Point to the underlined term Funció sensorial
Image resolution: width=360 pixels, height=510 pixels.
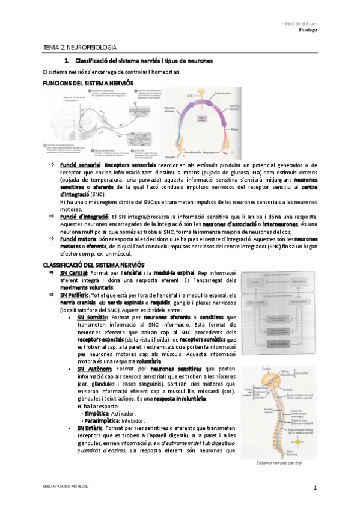click(80, 165)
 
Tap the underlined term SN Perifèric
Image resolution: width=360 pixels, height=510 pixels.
click(74, 295)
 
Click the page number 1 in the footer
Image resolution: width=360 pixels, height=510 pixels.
click(314, 487)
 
